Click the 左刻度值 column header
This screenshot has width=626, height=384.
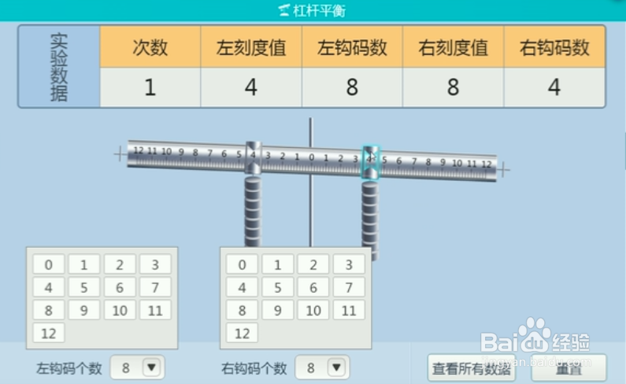pos(251,47)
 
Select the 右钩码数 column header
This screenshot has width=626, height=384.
pos(554,47)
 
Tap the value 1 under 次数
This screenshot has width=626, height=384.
pos(150,87)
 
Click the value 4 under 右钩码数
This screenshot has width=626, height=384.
pos(554,87)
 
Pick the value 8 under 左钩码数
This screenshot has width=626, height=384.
pos(352,87)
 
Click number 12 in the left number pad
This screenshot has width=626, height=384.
pos(49,333)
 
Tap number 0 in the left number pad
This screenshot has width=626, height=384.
pos(49,264)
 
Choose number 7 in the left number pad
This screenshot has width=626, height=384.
pos(155,287)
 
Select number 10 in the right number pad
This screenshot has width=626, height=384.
pos(313,310)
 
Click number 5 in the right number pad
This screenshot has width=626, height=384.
pos(278,287)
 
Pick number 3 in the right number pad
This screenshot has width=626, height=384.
pos(349,264)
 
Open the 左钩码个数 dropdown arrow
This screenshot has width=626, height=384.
pos(151,367)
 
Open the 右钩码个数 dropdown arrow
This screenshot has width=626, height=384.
pos(336,367)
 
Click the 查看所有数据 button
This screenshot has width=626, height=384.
pos(471,367)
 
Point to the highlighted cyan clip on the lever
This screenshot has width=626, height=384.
pos(370,161)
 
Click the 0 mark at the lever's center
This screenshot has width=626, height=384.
pos(311,157)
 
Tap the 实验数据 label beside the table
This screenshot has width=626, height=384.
pos(58,68)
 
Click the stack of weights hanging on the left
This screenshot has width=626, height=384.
pos(252,209)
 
